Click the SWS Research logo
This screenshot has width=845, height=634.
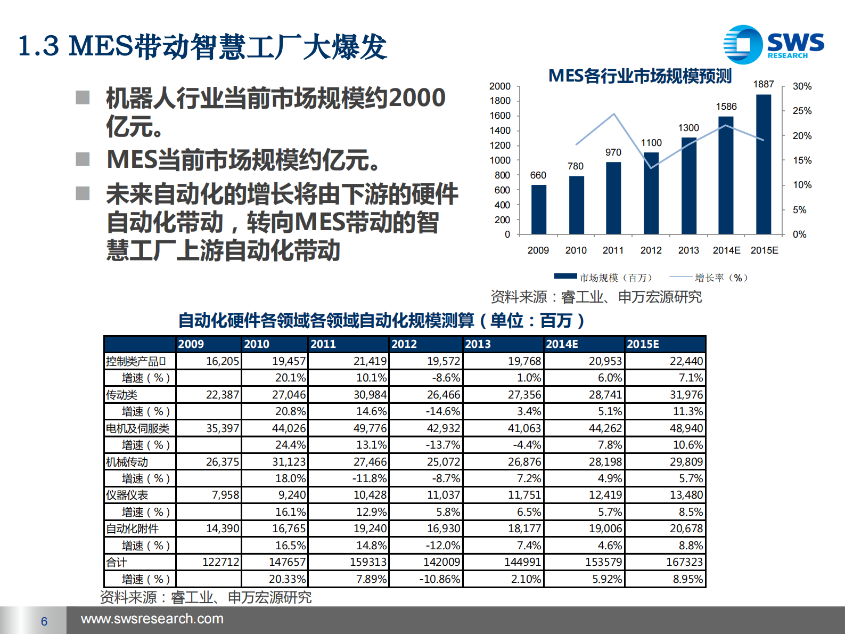point(773,45)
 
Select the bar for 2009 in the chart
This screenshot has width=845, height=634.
point(538,209)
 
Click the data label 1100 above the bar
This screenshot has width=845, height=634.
point(651,143)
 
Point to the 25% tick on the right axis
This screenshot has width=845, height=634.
point(802,111)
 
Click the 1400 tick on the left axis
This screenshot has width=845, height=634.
point(500,131)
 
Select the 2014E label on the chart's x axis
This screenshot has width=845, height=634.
point(726,250)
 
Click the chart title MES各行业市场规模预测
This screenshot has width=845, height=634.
point(640,76)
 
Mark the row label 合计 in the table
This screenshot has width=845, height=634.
point(117,563)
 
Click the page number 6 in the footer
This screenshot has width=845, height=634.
point(44,621)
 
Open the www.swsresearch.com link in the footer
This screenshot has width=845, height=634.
point(152,619)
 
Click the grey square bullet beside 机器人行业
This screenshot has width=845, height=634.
point(83,97)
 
